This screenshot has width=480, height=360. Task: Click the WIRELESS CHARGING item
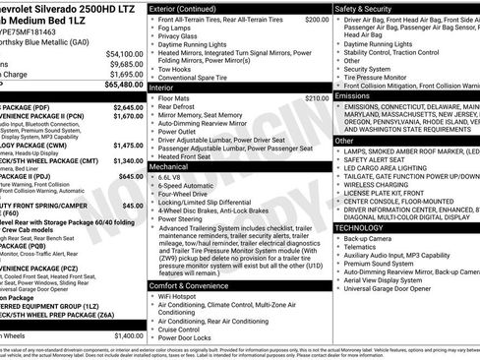pyautogui.click(x=379, y=183)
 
